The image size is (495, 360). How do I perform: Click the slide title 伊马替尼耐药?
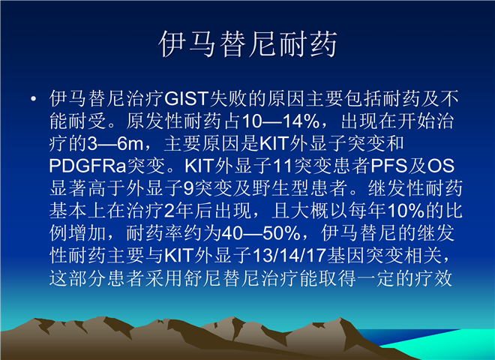pyautogui.click(x=248, y=44)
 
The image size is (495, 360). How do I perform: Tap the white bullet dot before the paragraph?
pyautogui.click(x=34, y=99)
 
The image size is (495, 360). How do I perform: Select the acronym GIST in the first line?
pyautogui.click(x=187, y=98)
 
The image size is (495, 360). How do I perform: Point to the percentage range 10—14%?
pyautogui.click(x=280, y=121)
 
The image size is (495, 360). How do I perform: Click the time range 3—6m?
pyautogui.click(x=115, y=144)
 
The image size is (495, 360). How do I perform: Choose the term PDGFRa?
pyautogui.click(x=88, y=166)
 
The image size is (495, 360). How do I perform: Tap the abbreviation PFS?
pyautogui.click(x=389, y=166)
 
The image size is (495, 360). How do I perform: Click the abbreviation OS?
pyautogui.click(x=441, y=166)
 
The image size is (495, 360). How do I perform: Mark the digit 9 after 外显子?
pyautogui.click(x=188, y=188)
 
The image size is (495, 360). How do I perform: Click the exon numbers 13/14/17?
pyautogui.click(x=289, y=256)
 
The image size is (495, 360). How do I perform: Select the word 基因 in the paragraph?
pyautogui.click(x=346, y=256)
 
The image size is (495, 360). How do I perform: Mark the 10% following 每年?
pyautogui.click(x=406, y=211)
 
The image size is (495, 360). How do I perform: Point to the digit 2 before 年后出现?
pyautogui.click(x=169, y=211)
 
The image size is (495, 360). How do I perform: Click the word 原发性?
pyautogui.click(x=154, y=121)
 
